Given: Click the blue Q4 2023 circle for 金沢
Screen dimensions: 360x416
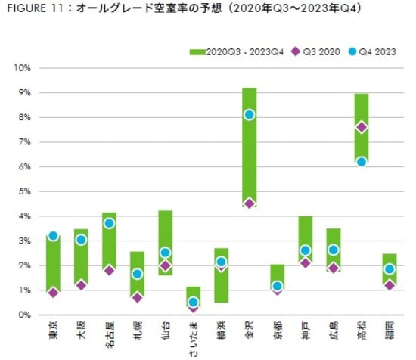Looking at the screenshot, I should [249, 115].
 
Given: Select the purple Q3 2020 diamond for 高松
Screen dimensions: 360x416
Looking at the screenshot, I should [362, 127].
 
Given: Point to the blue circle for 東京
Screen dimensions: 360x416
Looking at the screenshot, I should [53, 236].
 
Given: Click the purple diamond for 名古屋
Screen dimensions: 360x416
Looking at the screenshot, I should [109, 270].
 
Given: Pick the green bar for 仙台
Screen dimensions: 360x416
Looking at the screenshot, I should [165, 227].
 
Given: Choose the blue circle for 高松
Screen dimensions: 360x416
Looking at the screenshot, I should [362, 161].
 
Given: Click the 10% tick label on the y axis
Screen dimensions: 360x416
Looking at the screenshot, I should [21, 68].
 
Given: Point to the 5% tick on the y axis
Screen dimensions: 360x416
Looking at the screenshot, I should [23, 191].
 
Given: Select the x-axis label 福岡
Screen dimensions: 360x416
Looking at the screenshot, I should [390, 333].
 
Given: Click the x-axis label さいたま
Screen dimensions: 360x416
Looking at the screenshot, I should [194, 339].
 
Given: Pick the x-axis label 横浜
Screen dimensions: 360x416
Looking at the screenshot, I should [222, 333].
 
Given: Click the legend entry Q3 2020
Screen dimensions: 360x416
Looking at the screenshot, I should [323, 51].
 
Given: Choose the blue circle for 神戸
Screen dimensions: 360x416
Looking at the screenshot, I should [305, 250].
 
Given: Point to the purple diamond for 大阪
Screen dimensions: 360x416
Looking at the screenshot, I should [81, 285].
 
